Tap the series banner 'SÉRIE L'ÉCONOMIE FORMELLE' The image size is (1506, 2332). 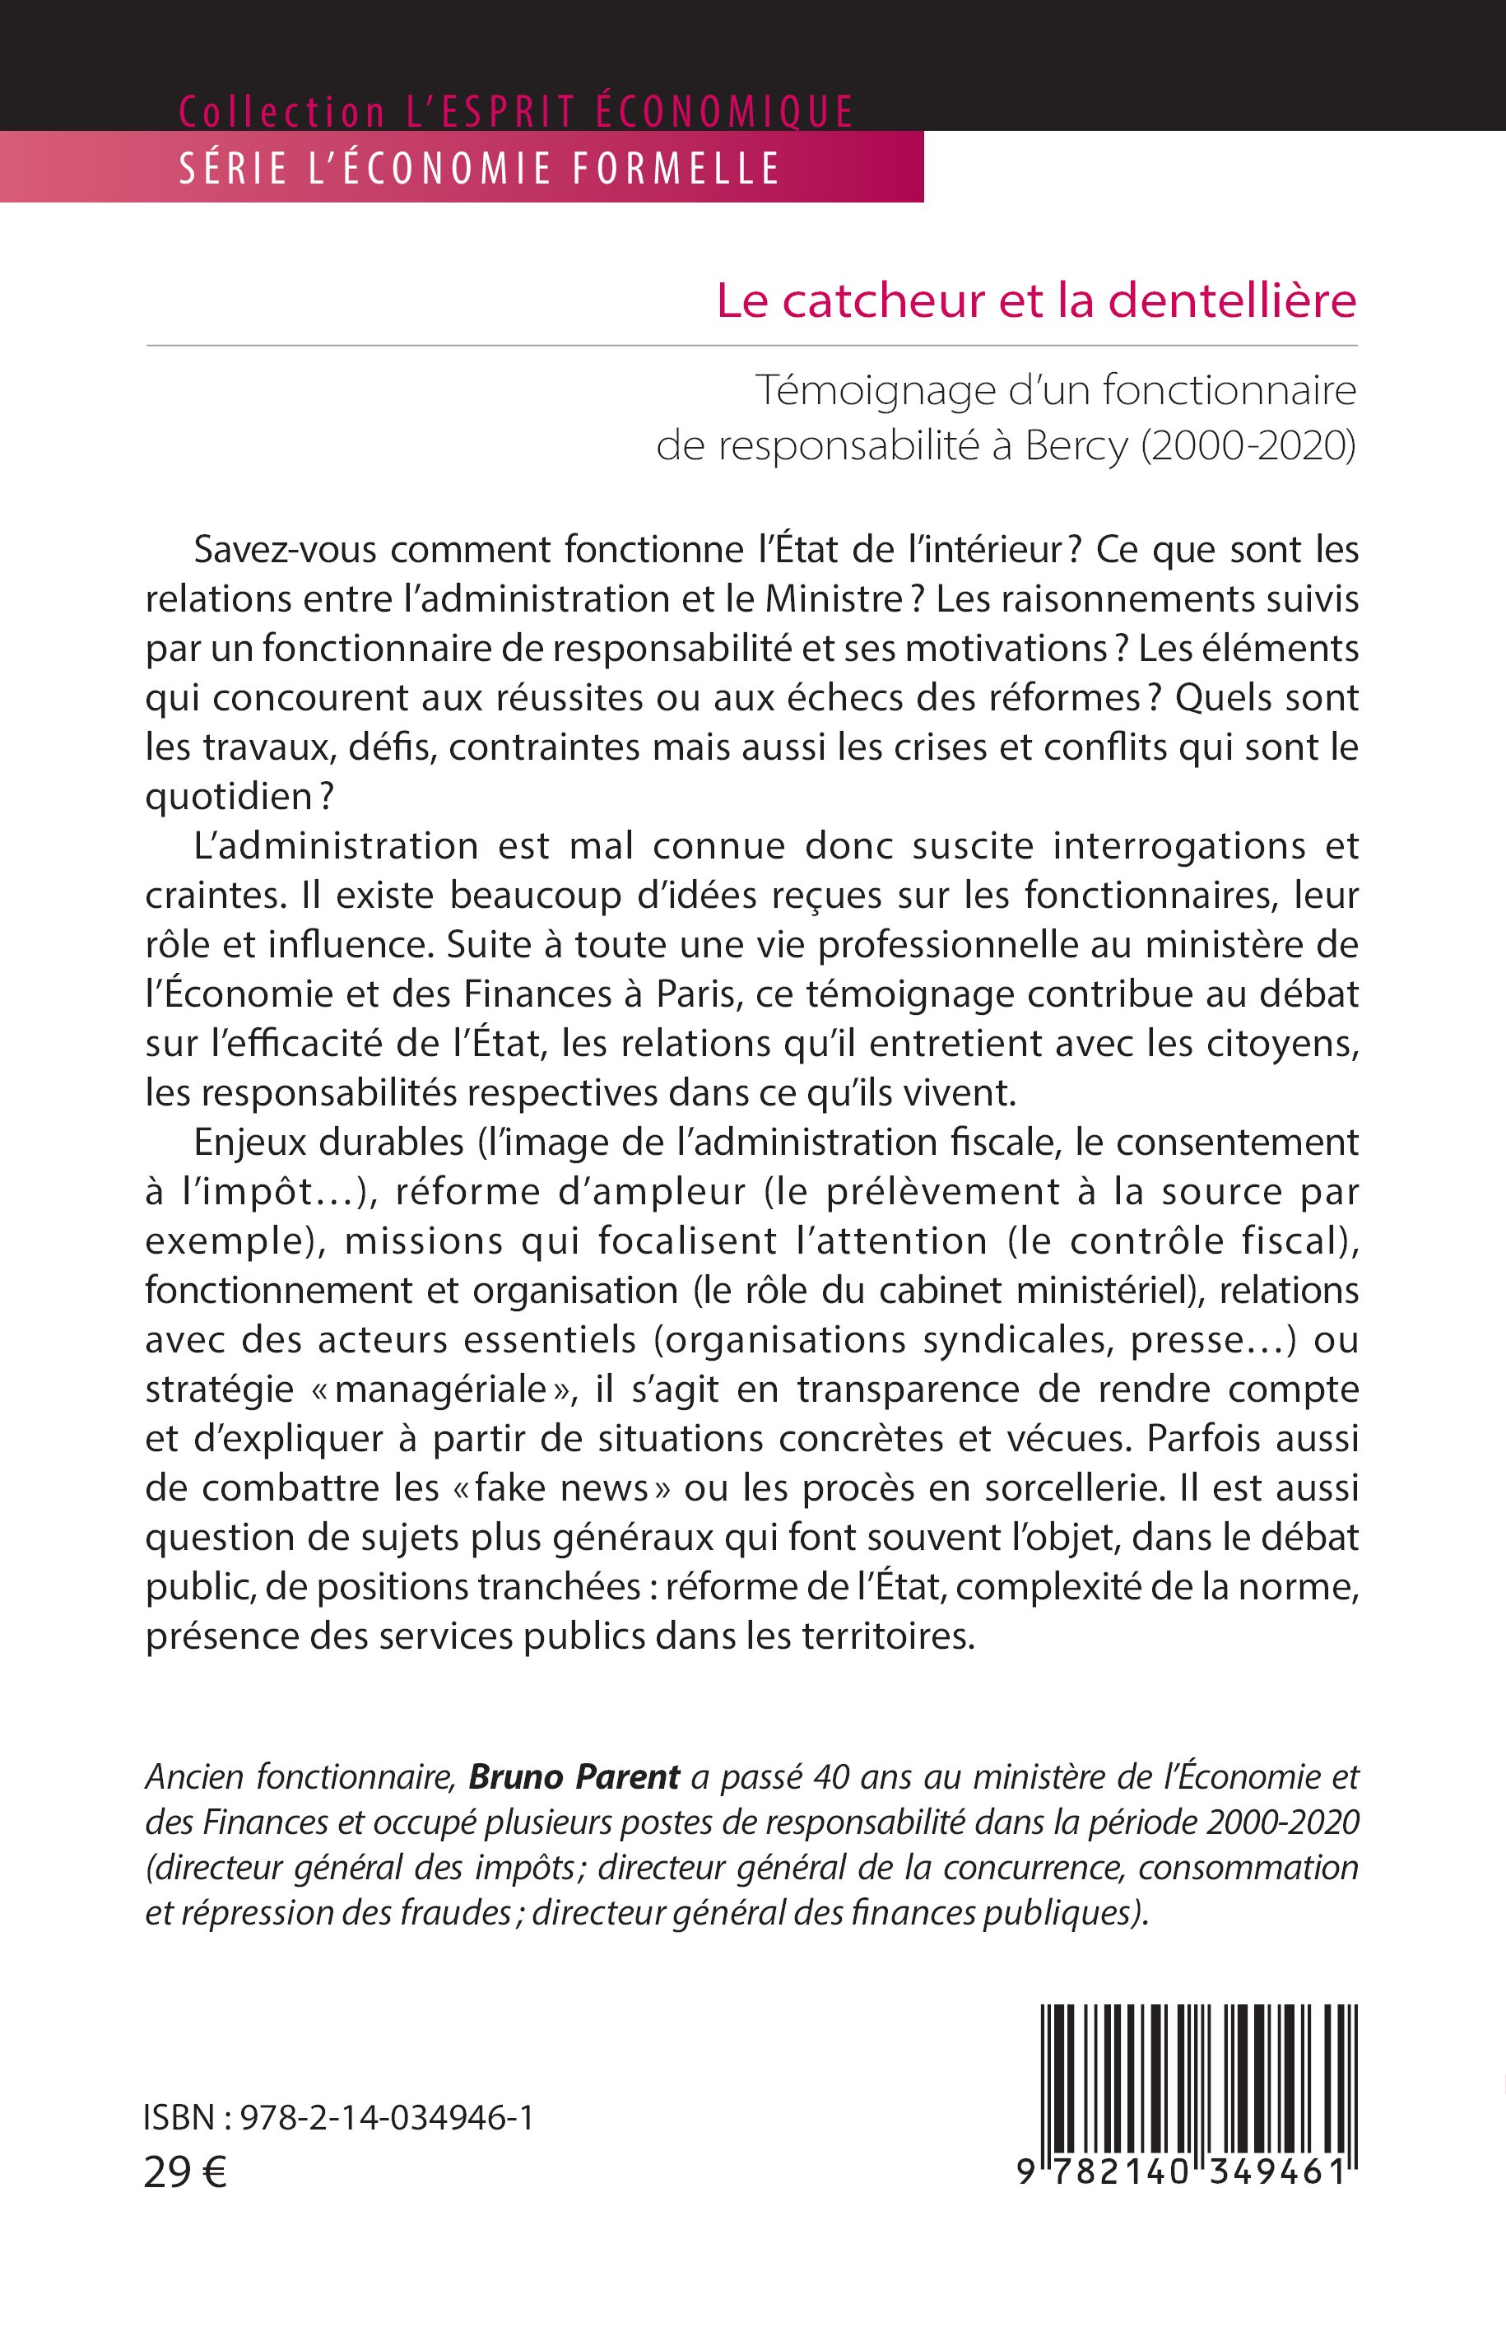point(479,168)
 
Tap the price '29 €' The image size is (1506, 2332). point(185,2172)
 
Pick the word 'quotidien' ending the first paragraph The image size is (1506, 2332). point(229,797)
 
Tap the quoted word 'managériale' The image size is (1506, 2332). point(439,1389)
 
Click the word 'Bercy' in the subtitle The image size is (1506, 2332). point(1076,445)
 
